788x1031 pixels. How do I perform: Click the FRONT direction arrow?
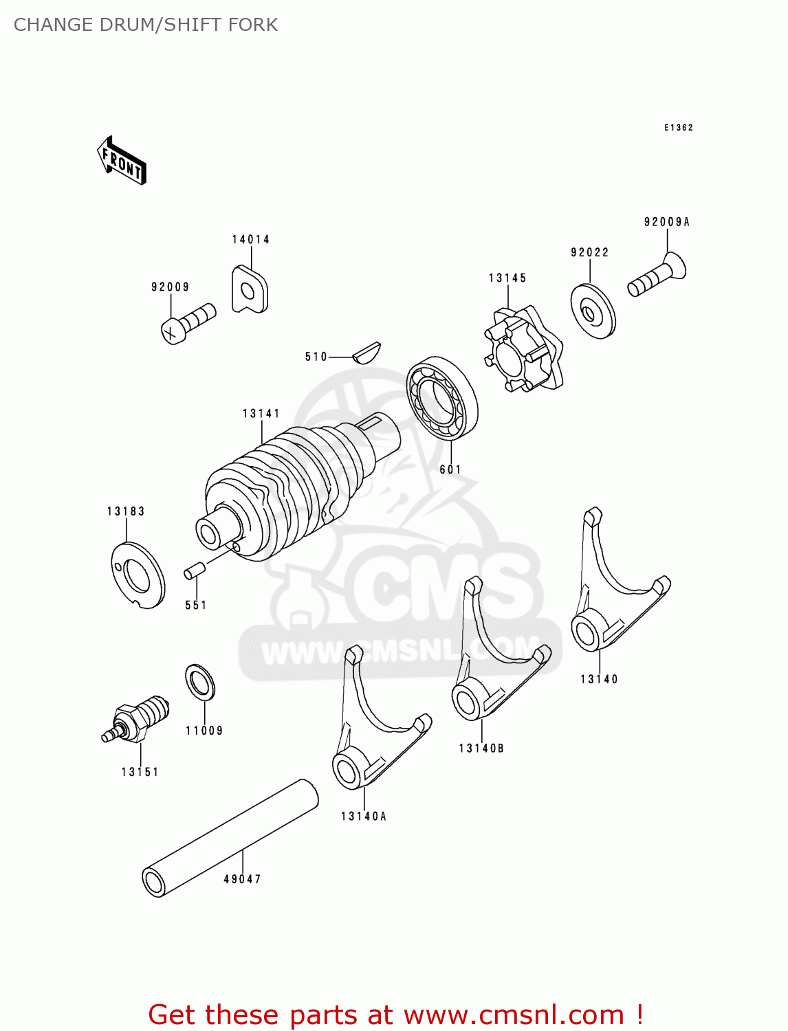click(122, 161)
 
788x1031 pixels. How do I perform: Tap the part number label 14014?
click(250, 240)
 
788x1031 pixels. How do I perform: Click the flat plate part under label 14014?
click(249, 290)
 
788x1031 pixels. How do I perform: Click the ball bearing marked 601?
click(441, 398)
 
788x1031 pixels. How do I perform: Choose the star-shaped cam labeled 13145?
click(522, 349)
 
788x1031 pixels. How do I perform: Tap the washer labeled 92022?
click(593, 311)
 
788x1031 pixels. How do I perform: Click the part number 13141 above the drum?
click(261, 414)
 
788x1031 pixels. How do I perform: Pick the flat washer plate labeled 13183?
click(138, 575)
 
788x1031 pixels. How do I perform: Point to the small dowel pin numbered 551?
click(194, 570)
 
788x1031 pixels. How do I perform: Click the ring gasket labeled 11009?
click(200, 683)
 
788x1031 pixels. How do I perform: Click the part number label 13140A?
click(364, 817)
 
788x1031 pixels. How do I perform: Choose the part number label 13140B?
click(481, 749)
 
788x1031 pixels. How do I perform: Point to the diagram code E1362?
click(679, 128)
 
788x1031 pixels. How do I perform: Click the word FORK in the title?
click(254, 25)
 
